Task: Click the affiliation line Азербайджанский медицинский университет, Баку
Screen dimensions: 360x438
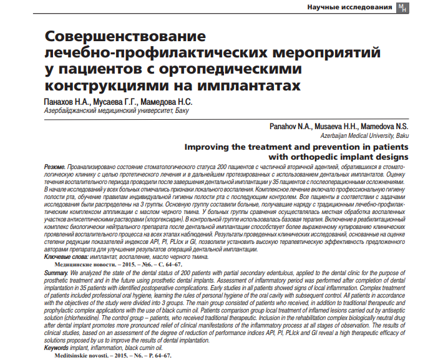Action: (x=115, y=111)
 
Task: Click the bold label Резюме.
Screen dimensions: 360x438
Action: (x=54, y=168)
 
